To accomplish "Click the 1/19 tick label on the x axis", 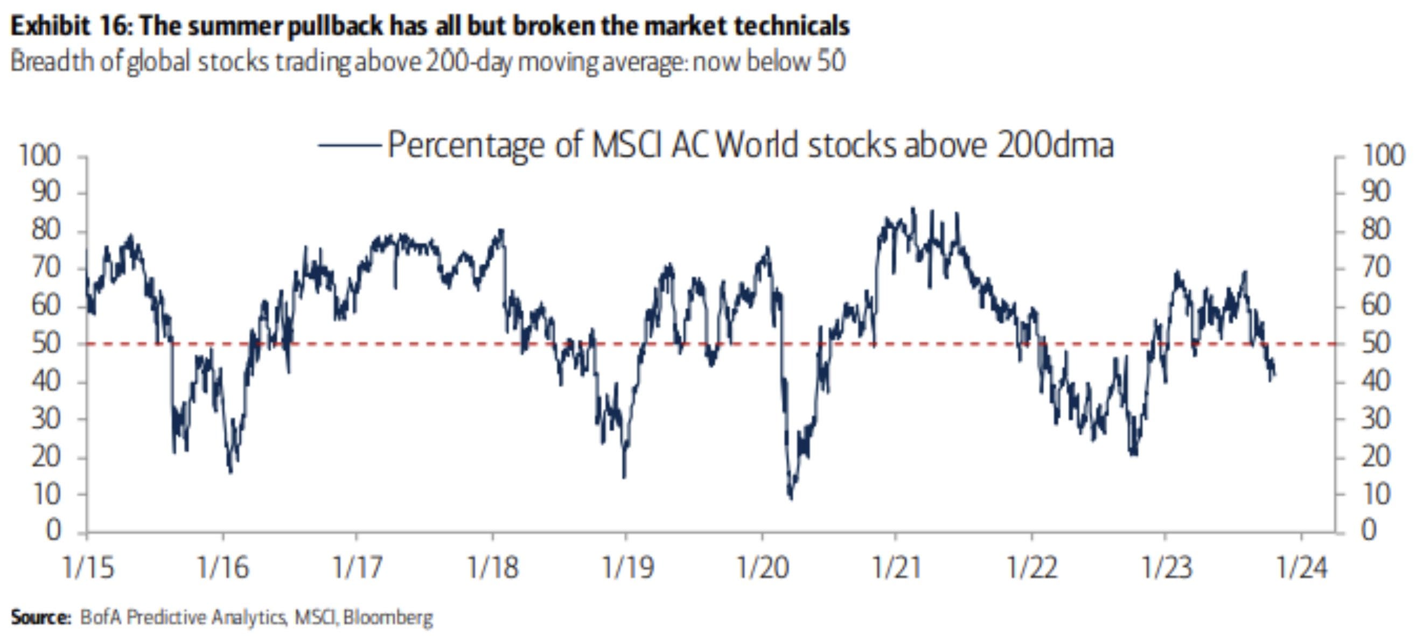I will (x=627, y=567).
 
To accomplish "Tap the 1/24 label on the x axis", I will (x=1301, y=567).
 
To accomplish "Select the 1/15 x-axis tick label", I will (x=88, y=567).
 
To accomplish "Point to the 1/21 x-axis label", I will (x=896, y=567).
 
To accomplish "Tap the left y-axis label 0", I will (x=53, y=531).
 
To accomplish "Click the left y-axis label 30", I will (x=46, y=419).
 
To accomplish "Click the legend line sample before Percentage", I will (x=349, y=145).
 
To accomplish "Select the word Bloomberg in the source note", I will (x=388, y=617).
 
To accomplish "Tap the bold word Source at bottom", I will (x=40, y=617).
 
